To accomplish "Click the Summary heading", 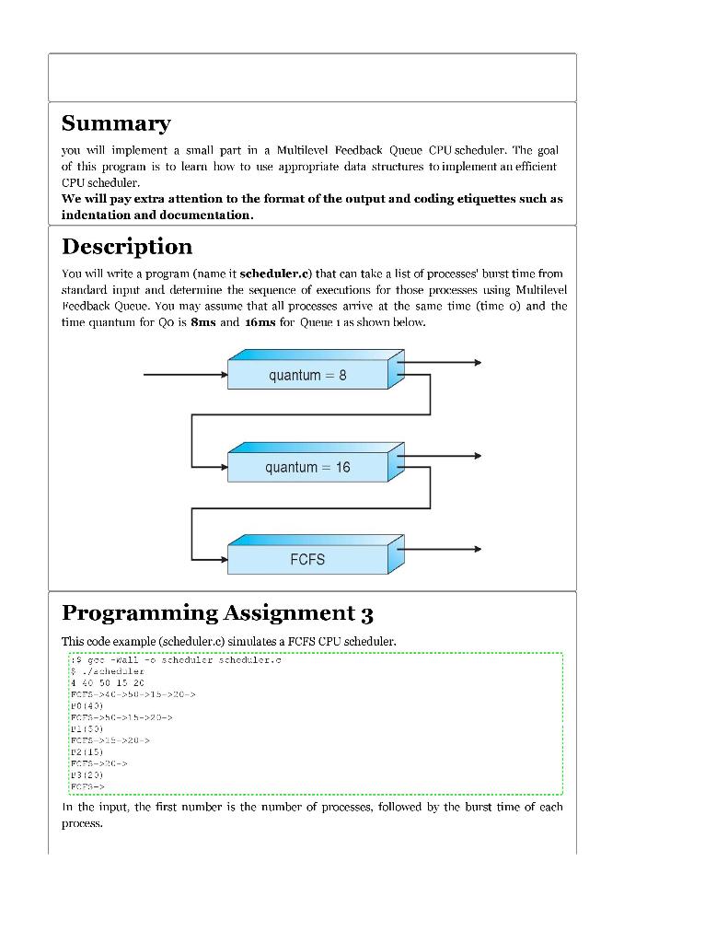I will click(x=116, y=123).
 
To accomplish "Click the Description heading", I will click(x=127, y=247).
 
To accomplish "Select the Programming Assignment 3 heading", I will click(x=217, y=613).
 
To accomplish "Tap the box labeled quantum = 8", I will click(x=307, y=375).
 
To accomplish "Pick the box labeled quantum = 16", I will click(x=307, y=467).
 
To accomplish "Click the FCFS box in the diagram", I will click(x=307, y=559).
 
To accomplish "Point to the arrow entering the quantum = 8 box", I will click(x=184, y=375).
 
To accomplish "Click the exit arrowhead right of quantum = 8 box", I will click(x=476, y=363).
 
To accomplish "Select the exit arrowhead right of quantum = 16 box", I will click(x=476, y=456).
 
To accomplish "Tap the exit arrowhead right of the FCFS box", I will click(x=476, y=549).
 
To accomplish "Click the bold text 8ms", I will click(x=202, y=323).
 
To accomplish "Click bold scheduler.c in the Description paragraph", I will click(x=275, y=274).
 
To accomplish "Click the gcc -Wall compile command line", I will click(x=175, y=660).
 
